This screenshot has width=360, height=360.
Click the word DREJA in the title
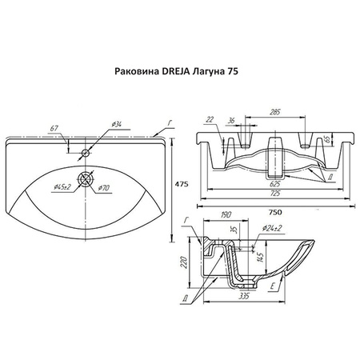[x=174, y=71]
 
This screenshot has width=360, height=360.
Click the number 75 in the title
[x=233, y=71]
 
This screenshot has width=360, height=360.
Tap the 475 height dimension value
[x=182, y=184]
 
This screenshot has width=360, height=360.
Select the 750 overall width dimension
[x=275, y=212]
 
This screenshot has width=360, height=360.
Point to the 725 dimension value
[x=275, y=194]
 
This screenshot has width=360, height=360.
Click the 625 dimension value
[x=275, y=184]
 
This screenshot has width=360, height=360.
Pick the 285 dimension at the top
[x=275, y=112]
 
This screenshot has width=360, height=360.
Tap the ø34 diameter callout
[x=118, y=124]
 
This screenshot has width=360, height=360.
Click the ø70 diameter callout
[x=103, y=188]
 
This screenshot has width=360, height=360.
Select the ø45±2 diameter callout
[x=62, y=187]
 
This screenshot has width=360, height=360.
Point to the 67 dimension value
[x=54, y=128]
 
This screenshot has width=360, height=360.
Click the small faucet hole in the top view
[x=86, y=153]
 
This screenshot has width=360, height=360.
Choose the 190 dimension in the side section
[x=226, y=214]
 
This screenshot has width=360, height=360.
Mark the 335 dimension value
[x=244, y=296]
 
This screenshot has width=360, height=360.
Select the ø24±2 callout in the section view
[x=272, y=228]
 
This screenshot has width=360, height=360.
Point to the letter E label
[x=272, y=286]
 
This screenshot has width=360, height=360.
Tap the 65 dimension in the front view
[x=328, y=138]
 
